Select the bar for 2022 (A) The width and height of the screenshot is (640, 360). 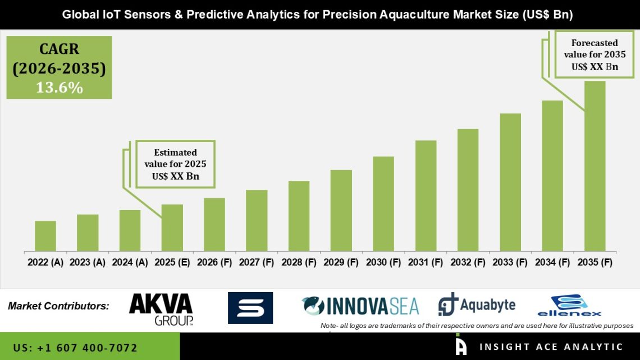coord(45,236)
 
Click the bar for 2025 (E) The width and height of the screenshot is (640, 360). coord(172,227)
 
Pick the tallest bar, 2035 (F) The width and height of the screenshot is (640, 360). coord(595,166)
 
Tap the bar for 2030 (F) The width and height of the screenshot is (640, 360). coord(383,203)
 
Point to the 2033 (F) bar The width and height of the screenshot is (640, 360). coord(510,182)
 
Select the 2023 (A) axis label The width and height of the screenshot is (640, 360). coord(88,262)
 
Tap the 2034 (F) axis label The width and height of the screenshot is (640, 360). coord(552,262)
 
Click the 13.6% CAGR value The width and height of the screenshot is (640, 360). coord(60,88)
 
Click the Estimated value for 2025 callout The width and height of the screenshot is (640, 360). coord(175,165)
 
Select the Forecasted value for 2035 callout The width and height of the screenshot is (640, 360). coord(595,54)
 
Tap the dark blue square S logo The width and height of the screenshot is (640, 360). coord(250,308)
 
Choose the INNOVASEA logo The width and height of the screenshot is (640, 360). coord(360,306)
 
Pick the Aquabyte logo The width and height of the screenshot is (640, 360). coord(477,305)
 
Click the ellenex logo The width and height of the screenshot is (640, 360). coord(569,306)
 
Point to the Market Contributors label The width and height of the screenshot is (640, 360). coord(58,307)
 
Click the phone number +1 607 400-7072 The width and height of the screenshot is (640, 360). coord(75,348)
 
